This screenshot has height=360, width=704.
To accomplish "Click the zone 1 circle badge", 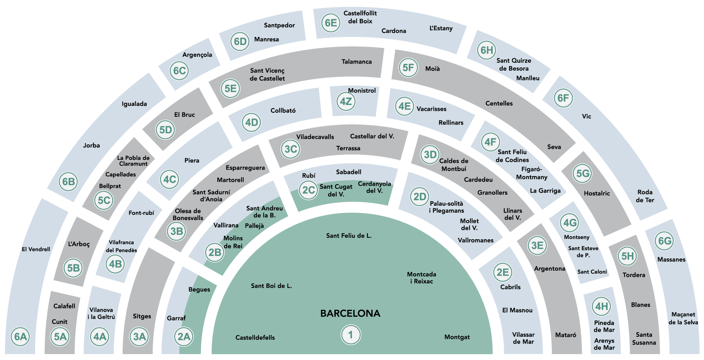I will tap(351, 335).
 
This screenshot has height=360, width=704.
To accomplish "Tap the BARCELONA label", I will tap(350, 313).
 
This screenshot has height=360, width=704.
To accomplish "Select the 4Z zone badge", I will tap(346, 101).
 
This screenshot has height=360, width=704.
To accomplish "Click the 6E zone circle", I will tap(331, 23).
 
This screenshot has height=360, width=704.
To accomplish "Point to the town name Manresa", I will tap(266, 40).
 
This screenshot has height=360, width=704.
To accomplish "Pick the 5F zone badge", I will tap(408, 68).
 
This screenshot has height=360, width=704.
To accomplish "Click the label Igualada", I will tap(134, 104).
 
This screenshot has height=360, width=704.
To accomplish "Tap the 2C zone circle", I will tap(308, 190).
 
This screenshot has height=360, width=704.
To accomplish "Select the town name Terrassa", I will tap(348, 148).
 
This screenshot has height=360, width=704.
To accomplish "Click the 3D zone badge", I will tap(430, 155).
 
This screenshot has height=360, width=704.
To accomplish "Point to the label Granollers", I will tap(492, 193).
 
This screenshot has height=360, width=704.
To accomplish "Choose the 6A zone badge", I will tap(21, 337).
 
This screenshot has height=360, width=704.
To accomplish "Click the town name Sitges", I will tap(142, 316).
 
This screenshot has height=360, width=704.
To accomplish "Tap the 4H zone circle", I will tap(601, 306).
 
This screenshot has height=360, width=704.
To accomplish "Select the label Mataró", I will tap(565, 335).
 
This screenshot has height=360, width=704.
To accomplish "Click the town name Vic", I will tap(587, 117).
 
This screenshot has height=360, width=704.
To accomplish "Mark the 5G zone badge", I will tap(583, 174).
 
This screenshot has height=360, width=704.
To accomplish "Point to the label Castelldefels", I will tap(255, 337).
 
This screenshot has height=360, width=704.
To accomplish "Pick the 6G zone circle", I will tap(665, 241).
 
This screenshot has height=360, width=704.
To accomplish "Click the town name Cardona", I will tap(394, 31).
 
